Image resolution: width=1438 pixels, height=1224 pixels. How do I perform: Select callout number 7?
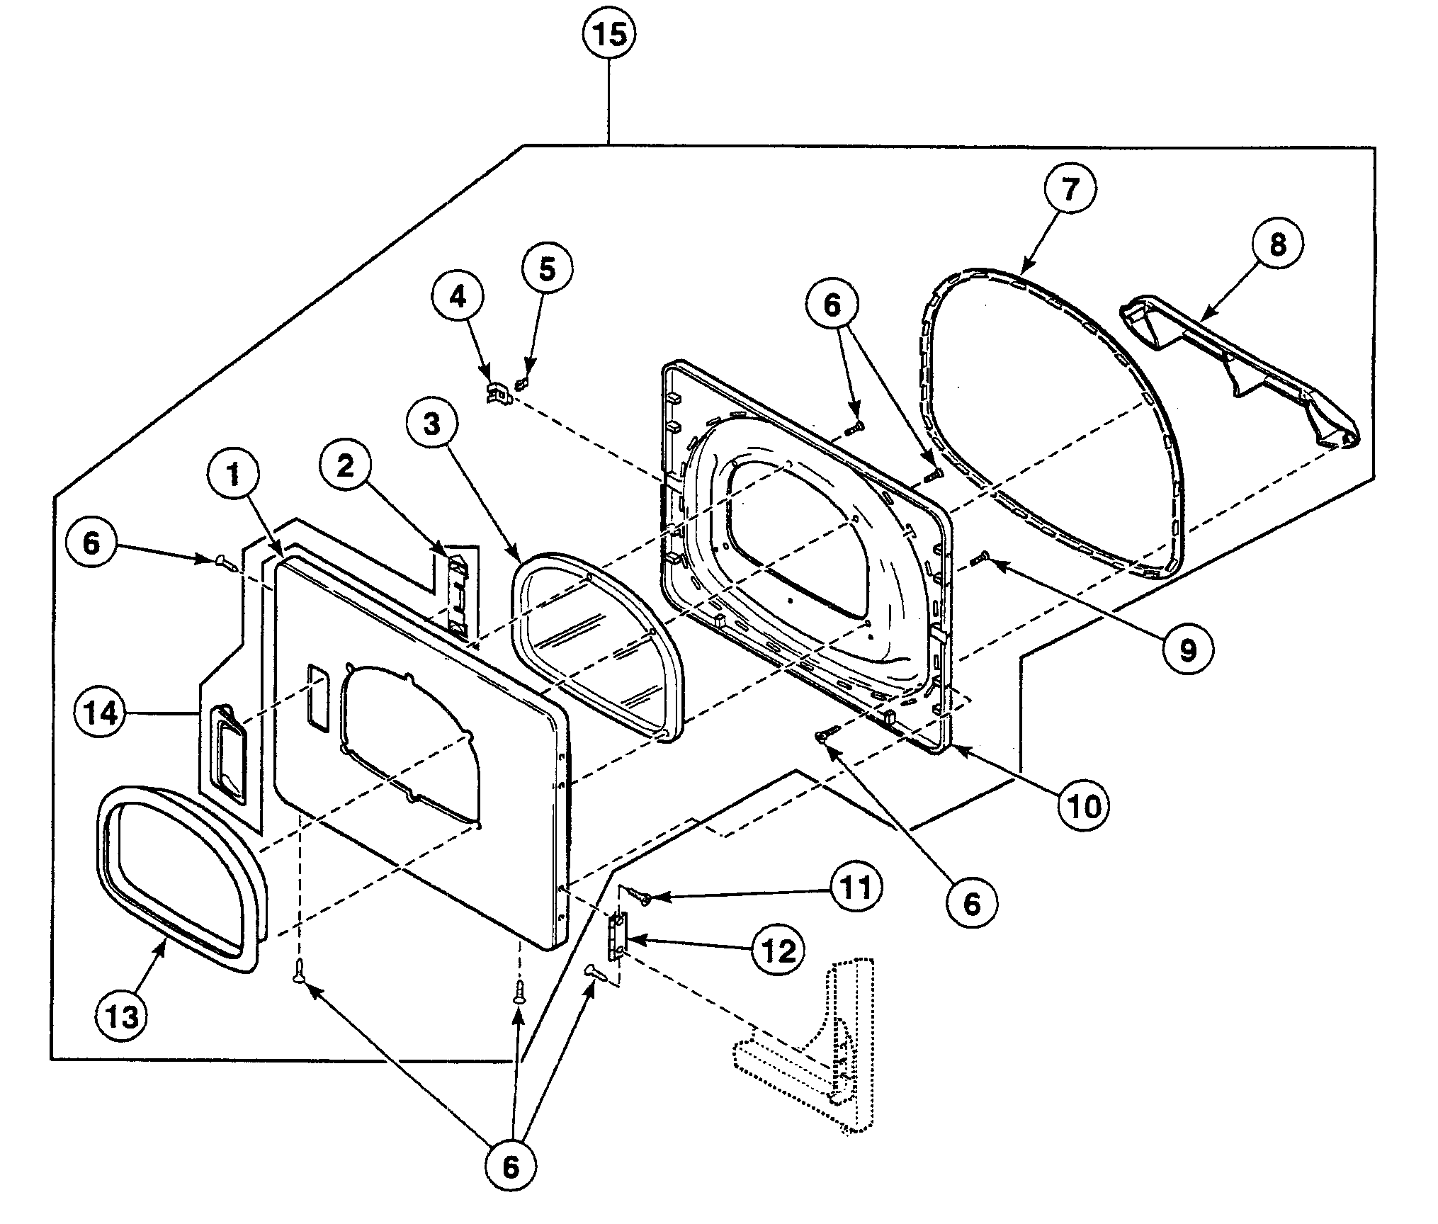1069,189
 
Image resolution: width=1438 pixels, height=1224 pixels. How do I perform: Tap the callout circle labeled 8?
1277,244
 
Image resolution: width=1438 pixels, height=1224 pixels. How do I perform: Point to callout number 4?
458,297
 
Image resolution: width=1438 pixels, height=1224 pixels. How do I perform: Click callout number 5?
547,268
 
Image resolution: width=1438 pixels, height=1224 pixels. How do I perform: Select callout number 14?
101,713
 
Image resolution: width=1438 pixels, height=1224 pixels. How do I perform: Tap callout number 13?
122,1016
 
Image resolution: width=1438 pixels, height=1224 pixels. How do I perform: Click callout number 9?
1187,649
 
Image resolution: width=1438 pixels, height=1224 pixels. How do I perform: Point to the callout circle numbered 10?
1085,805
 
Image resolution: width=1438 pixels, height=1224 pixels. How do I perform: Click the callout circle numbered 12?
779,951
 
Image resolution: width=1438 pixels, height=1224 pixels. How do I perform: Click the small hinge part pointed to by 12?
618,935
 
